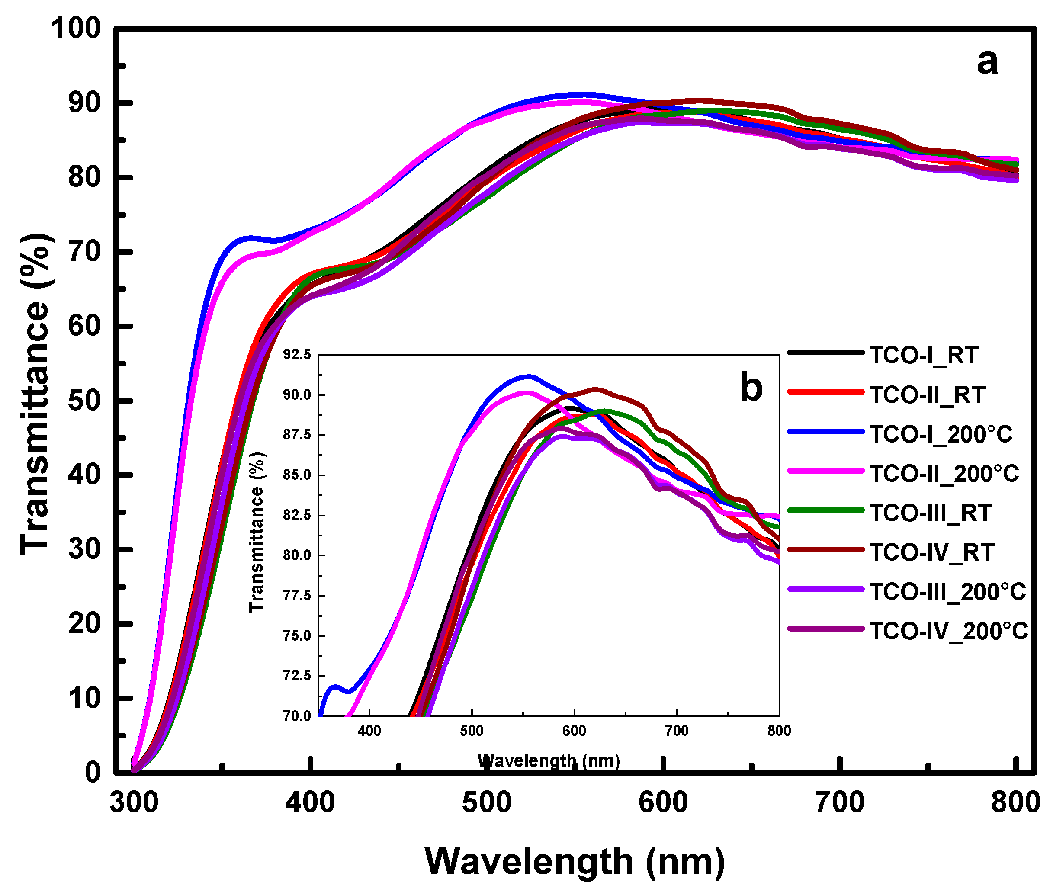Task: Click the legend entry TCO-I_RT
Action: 924,355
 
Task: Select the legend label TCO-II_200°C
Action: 944,474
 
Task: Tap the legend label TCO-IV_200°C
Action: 949,632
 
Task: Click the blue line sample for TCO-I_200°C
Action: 826,431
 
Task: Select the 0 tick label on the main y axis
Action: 93,772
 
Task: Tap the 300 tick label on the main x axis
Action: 134,803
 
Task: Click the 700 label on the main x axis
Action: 840,803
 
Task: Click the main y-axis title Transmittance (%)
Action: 35,394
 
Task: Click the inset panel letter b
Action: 751,388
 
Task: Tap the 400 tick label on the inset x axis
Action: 369,731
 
